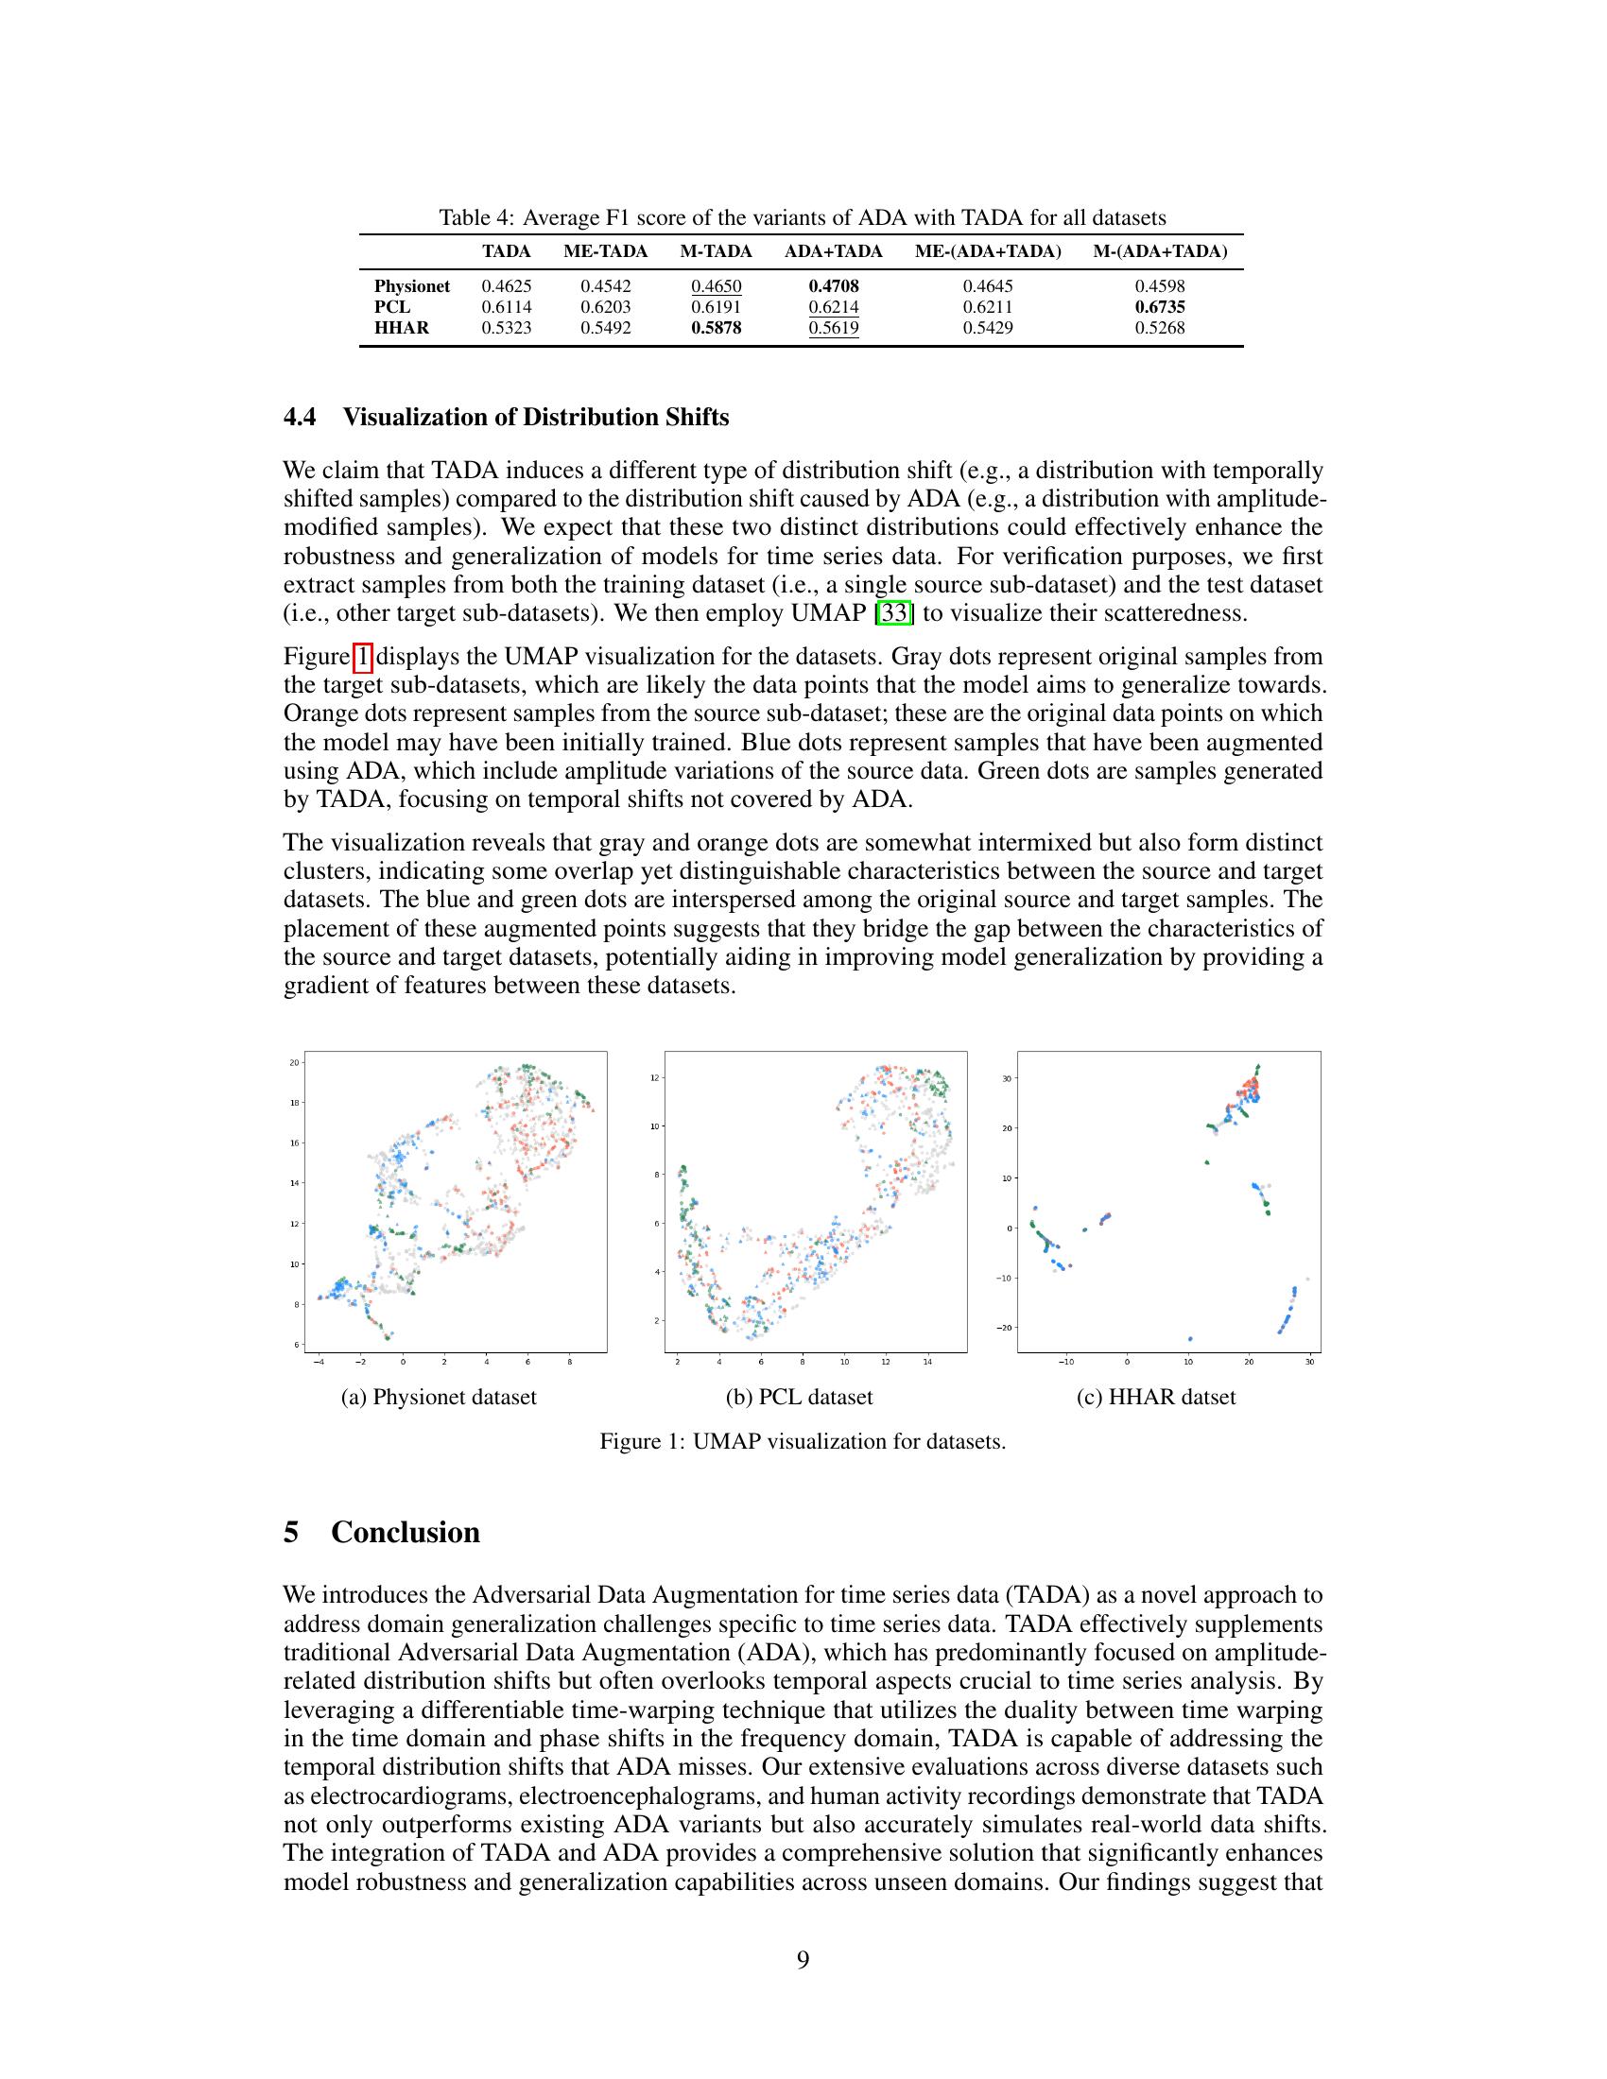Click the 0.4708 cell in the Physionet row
pyautogui.click(x=833, y=285)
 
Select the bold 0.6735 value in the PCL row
pyautogui.click(x=1159, y=306)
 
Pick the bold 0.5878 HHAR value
pyautogui.click(x=716, y=328)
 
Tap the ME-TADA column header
pyautogui.click(x=605, y=251)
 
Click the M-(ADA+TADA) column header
pyautogui.click(x=1159, y=251)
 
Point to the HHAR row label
pyautogui.click(x=401, y=328)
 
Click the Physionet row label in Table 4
pyautogui.click(x=411, y=285)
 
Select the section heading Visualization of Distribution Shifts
pyautogui.click(x=535, y=417)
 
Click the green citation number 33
pyautogui.click(x=894, y=613)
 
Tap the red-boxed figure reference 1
pyautogui.click(x=363, y=657)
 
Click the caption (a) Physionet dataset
pyautogui.click(x=439, y=1397)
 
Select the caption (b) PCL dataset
pyautogui.click(x=799, y=1397)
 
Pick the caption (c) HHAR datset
pyautogui.click(x=1156, y=1397)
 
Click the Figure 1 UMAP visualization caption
pyautogui.click(x=803, y=1441)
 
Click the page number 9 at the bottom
pyautogui.click(x=803, y=1959)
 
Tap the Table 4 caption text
pyautogui.click(x=802, y=218)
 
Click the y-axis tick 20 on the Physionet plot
pyautogui.click(x=294, y=1062)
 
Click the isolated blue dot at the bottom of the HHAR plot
pyautogui.click(x=1190, y=1339)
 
